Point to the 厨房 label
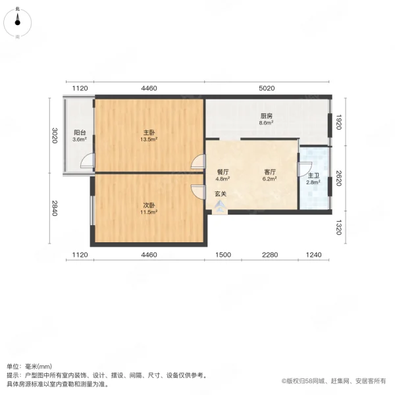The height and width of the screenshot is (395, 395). point(265,116)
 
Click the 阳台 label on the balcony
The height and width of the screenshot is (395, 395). point(79,132)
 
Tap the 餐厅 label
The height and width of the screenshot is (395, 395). point(223,171)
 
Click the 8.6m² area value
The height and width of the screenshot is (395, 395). point(265,123)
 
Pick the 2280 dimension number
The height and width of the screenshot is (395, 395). point(266,255)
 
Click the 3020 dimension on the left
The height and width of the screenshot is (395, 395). point(56,136)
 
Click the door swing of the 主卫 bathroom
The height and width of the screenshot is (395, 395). point(305,169)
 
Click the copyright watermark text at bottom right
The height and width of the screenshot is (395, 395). point(334,381)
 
